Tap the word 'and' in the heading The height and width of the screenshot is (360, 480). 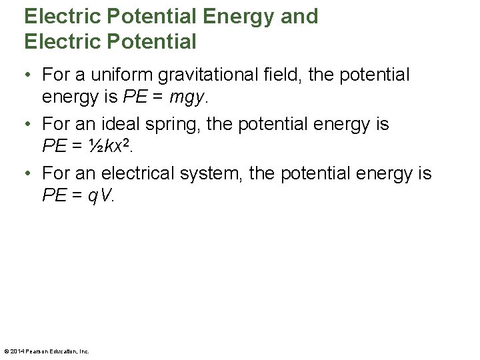(300, 17)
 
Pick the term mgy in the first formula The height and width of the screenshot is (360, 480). (189, 98)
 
